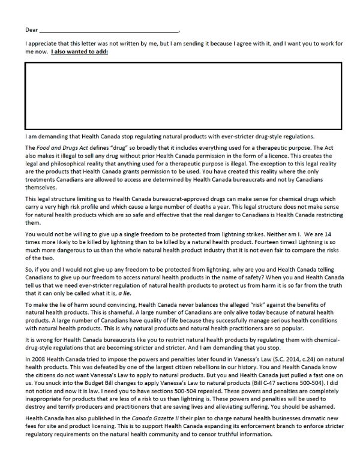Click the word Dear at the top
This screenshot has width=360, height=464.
(31, 29)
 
